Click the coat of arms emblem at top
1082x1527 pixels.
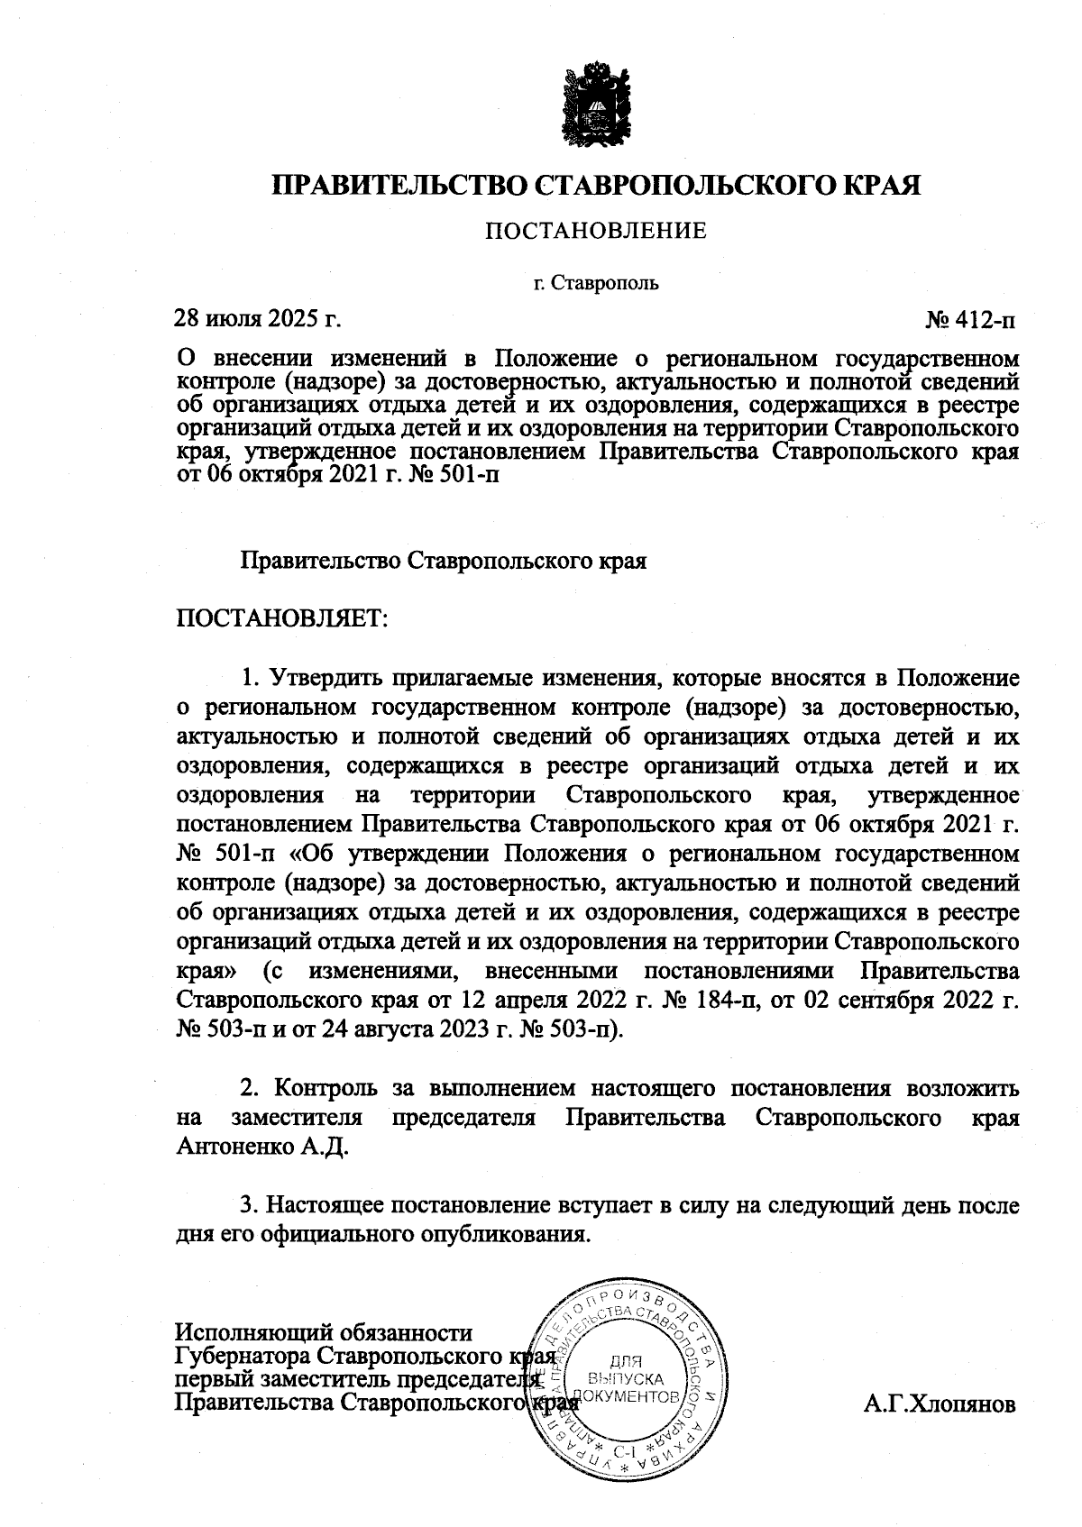tap(596, 102)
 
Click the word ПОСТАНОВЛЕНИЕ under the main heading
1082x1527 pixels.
tap(596, 232)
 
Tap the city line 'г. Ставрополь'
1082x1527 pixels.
tap(596, 283)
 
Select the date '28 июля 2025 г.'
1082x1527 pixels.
tap(258, 319)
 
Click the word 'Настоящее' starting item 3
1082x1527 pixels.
tap(329, 1204)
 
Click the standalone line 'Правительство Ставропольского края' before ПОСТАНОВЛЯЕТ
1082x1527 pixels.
tap(444, 561)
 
